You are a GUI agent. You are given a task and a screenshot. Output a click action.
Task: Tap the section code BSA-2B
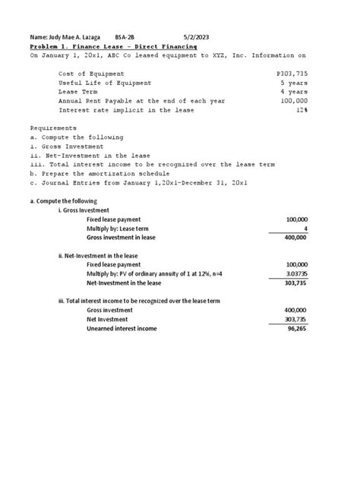(x=125, y=36)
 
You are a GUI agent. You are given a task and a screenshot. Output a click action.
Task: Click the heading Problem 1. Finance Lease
(x=112, y=46)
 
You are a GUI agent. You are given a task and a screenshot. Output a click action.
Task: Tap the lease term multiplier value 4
(x=305, y=228)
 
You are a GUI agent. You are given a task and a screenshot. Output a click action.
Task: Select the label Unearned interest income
(x=125, y=328)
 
